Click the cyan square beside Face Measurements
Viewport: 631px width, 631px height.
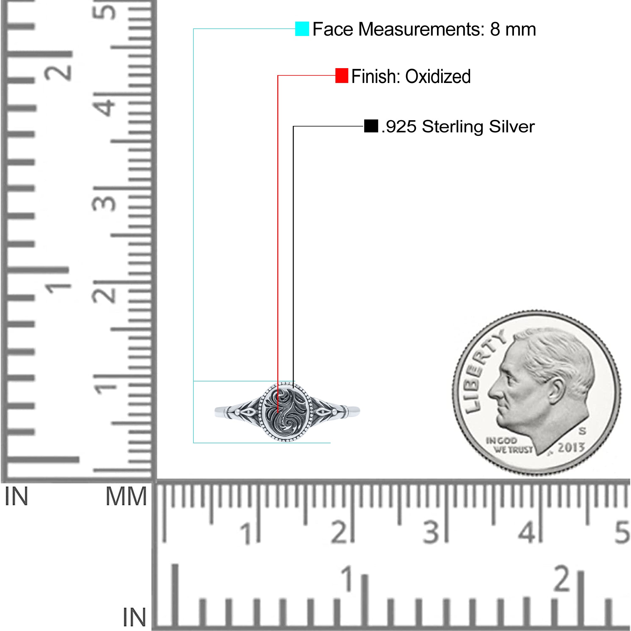[x=302, y=29]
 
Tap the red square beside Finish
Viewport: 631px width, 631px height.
[x=342, y=75]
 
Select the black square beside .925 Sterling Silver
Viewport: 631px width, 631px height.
[x=371, y=126]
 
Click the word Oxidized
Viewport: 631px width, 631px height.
[x=438, y=76]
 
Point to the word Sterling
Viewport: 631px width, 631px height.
[x=453, y=127]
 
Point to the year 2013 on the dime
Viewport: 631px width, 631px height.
[x=571, y=447]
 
